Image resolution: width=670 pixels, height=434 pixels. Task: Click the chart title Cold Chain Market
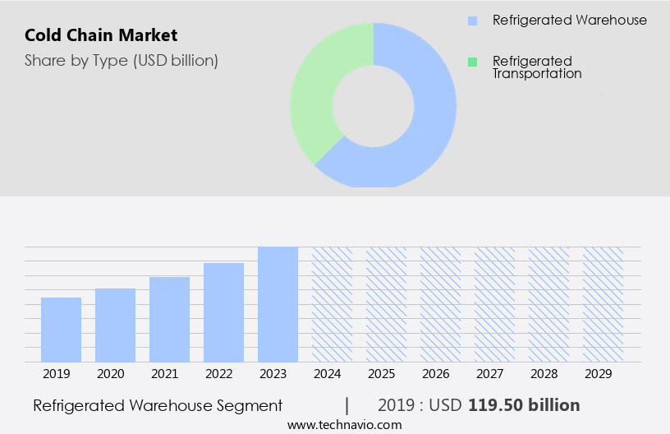101,35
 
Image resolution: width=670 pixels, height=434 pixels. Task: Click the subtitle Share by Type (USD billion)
122,60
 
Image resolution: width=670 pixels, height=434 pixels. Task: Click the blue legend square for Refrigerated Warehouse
472,21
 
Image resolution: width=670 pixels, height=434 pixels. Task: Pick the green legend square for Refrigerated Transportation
472,62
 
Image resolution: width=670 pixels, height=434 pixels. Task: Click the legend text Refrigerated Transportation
537,67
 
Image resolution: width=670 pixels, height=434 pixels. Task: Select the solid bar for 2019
61,330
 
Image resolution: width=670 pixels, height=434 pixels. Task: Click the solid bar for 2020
115,325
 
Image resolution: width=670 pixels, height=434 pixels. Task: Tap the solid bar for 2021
169,319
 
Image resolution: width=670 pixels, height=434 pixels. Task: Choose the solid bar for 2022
223,312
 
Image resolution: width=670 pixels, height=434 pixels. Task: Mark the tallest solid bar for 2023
278,304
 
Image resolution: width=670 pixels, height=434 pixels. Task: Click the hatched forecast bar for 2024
332,304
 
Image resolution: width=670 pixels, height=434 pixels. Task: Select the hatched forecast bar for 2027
494,304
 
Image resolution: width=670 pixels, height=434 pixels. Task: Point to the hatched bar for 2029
603,304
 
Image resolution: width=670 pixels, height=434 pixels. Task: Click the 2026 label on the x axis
436,374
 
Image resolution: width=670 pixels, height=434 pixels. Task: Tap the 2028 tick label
544,374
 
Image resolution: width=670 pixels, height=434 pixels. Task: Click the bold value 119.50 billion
524,405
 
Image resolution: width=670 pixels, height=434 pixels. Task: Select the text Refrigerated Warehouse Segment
158,405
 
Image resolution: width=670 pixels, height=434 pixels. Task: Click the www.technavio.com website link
345,425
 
